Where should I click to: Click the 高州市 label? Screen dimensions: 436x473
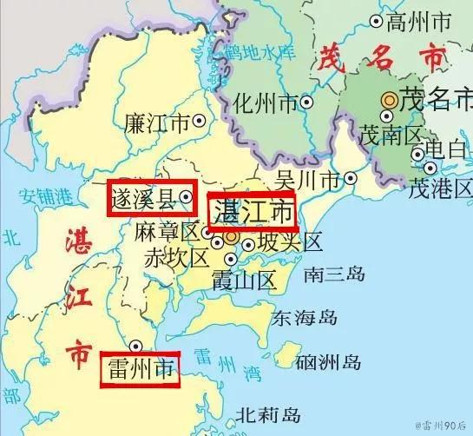pos(419,20)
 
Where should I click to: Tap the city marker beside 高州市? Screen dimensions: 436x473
pos(376,20)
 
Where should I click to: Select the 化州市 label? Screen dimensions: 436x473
pos(266,104)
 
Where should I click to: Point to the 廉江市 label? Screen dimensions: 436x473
pos(157,122)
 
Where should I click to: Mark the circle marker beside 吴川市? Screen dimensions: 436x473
pos(350,179)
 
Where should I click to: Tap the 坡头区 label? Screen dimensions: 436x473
pos(290,241)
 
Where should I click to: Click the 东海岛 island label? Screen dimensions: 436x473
pos(304,318)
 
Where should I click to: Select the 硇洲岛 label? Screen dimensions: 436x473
pos(328,361)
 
